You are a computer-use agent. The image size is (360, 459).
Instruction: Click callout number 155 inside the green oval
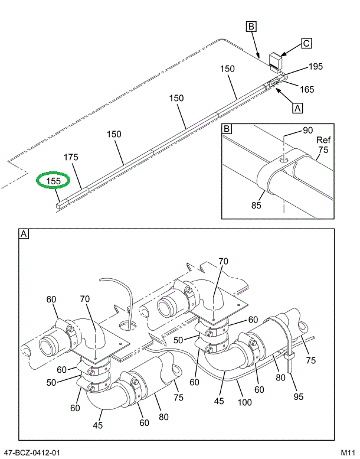pyautogui.click(x=54, y=181)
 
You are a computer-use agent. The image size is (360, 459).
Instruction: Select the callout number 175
pyautogui.click(x=71, y=157)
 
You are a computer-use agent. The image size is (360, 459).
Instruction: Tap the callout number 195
pyautogui.click(x=315, y=67)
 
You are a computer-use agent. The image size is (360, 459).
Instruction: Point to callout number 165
pyautogui.click(x=306, y=90)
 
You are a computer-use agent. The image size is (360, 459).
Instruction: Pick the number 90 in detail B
pyautogui.click(x=308, y=130)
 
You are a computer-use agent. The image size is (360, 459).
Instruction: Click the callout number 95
pyautogui.click(x=298, y=396)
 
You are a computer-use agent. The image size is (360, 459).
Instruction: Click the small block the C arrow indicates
pyautogui.click(x=275, y=60)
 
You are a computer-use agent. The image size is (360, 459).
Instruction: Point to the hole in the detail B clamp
pyautogui.click(x=284, y=159)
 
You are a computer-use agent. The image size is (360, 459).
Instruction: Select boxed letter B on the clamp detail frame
pyautogui.click(x=227, y=128)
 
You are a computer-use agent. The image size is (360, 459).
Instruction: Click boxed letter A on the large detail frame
pyautogui.click(x=24, y=234)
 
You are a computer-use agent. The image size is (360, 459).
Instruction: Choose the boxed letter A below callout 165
pyautogui.click(x=297, y=108)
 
